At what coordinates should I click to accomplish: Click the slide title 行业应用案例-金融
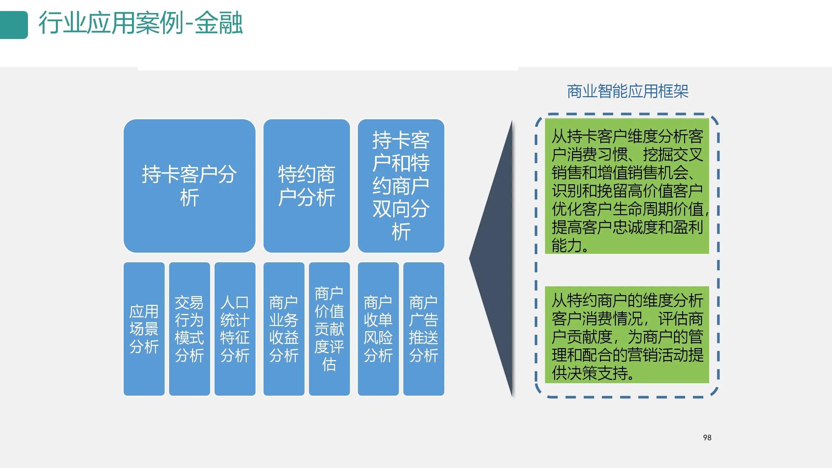pyautogui.click(x=140, y=23)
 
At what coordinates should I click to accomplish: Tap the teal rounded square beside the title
pyautogui.click(x=14, y=25)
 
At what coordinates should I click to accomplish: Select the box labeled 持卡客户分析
pyautogui.click(x=189, y=186)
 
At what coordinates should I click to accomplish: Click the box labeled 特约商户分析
pyautogui.click(x=306, y=186)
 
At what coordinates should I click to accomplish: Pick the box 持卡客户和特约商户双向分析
pyautogui.click(x=401, y=186)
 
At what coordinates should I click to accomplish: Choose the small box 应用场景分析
pyautogui.click(x=144, y=329)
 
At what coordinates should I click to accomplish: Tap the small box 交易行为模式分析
pyautogui.click(x=189, y=329)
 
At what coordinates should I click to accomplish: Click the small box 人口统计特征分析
pyautogui.click(x=235, y=329)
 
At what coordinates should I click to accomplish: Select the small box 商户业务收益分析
pyautogui.click(x=284, y=329)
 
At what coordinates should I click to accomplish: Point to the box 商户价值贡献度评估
pyautogui.click(x=329, y=329)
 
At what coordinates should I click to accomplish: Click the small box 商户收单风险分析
pyautogui.click(x=378, y=329)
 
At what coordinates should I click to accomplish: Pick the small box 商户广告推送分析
pyautogui.click(x=423, y=329)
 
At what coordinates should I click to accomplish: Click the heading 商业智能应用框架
pyautogui.click(x=628, y=91)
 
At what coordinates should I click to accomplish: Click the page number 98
pyautogui.click(x=707, y=438)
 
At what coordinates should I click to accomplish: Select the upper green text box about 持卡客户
pyautogui.click(x=627, y=186)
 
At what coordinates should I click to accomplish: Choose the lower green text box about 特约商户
pyautogui.click(x=627, y=335)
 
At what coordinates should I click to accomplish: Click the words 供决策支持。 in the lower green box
pyautogui.click(x=593, y=373)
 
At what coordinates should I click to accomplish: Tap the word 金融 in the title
pyautogui.click(x=218, y=23)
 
